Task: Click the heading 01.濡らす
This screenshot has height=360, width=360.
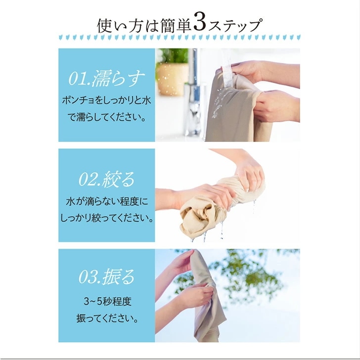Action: tap(107, 78)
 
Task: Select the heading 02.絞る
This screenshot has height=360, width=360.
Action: tap(106, 179)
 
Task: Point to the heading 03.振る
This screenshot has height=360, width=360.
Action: tap(106, 276)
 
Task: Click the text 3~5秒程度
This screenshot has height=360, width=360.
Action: tap(107, 302)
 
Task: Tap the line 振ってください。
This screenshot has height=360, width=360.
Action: tap(107, 318)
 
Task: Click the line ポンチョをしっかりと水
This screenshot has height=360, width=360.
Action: tap(106, 100)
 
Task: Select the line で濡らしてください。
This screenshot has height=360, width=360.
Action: tap(107, 117)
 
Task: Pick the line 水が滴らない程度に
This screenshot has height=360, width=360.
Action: tap(107, 201)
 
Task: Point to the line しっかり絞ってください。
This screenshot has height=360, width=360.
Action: tap(107, 218)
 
